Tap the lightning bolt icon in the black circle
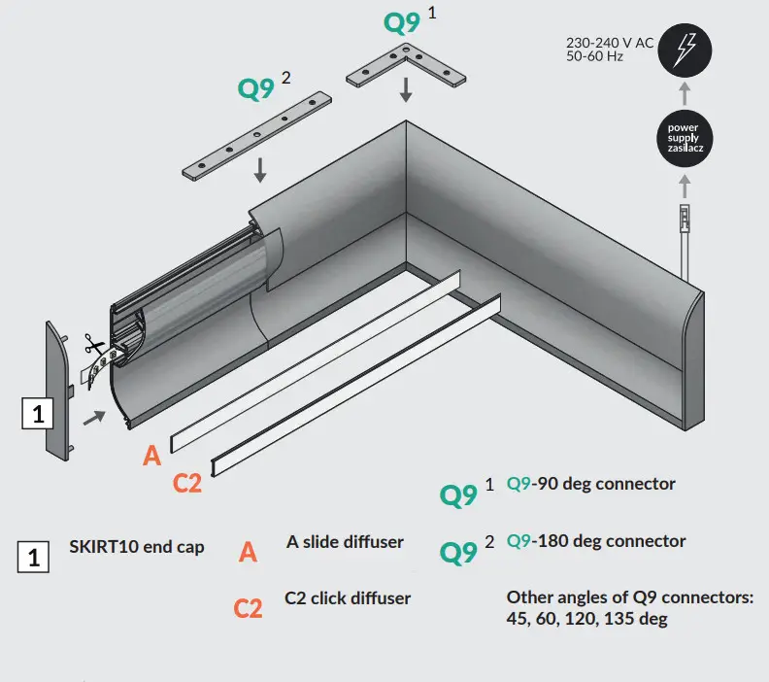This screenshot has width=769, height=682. (685, 50)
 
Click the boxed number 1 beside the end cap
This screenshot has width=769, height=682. (37, 414)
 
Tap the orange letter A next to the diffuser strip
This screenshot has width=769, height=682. (151, 456)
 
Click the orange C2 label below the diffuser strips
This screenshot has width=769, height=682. (186, 482)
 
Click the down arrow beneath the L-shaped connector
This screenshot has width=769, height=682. (406, 90)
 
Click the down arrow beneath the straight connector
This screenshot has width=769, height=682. (260, 169)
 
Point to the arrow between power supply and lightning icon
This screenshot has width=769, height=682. (685, 94)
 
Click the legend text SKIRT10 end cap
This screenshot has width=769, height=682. (137, 547)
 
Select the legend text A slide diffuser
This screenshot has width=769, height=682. (345, 542)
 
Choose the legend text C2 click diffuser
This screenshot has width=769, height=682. (348, 597)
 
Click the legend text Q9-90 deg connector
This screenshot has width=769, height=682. (590, 483)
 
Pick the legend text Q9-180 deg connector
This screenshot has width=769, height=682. (595, 541)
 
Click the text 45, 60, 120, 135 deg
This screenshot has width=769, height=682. (586, 618)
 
